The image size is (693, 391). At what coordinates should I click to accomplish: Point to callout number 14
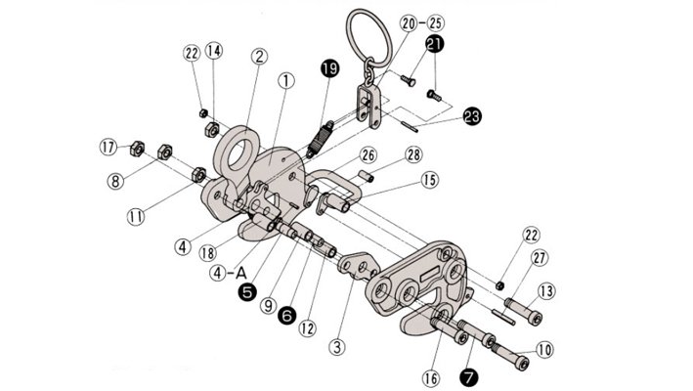click(x=215, y=51)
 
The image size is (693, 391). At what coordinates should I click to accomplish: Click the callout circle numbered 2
click(x=259, y=57)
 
